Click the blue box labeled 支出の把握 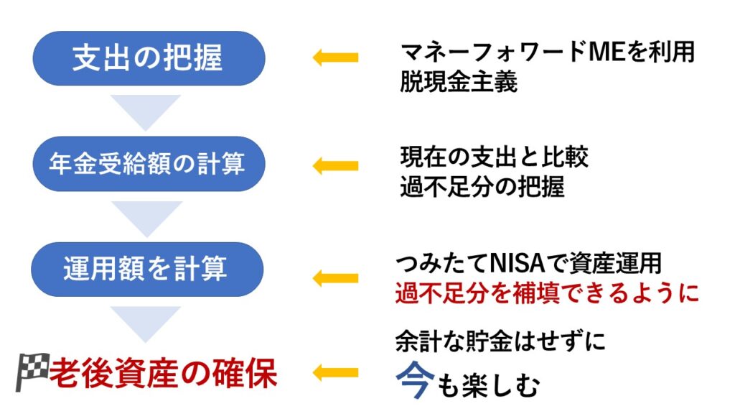click(149, 58)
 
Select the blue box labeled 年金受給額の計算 click(149, 164)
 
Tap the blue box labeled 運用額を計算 click(147, 270)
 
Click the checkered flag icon click(32, 372)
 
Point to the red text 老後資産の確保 click(163, 374)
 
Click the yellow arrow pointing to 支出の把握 click(336, 57)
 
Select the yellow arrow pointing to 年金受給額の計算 click(336, 166)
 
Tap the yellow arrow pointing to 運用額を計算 click(336, 278)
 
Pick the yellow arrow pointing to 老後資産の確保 click(336, 373)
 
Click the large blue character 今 click(414, 379)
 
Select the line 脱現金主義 click(459, 82)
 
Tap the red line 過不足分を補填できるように click(547, 293)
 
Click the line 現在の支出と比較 click(494, 157)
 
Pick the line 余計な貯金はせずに click(500, 341)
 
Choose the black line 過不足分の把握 click(482, 187)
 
